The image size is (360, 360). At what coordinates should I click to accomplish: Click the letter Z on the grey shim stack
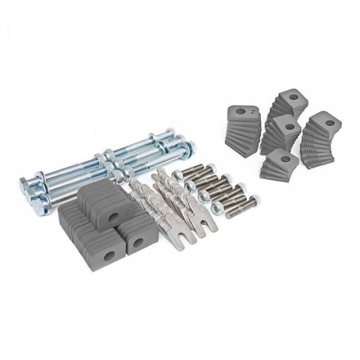pyautogui.click(x=253, y=113)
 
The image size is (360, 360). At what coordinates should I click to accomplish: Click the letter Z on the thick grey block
pyautogui.click(x=127, y=213)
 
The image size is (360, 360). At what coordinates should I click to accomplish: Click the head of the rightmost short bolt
pyautogui.click(x=255, y=200)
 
